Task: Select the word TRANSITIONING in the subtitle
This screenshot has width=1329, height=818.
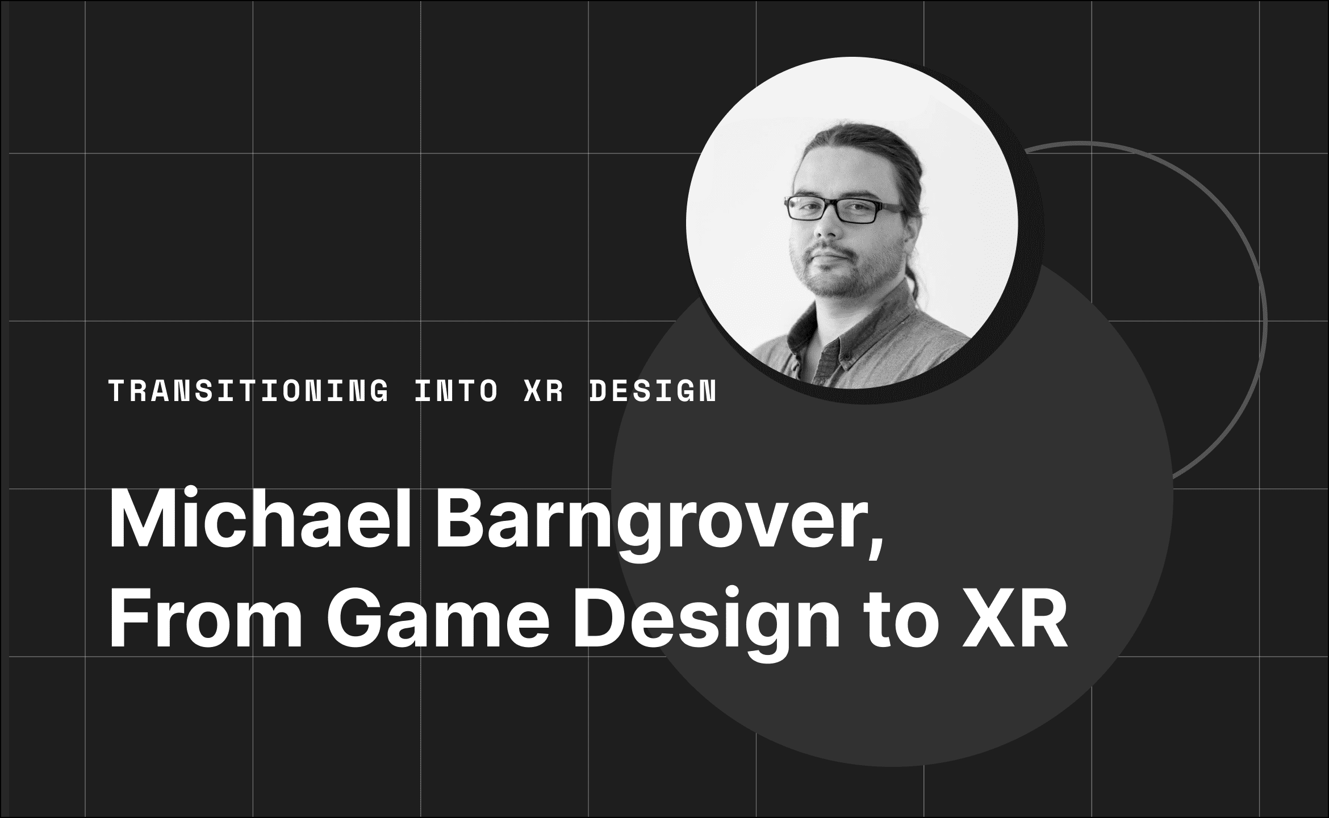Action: tap(249, 392)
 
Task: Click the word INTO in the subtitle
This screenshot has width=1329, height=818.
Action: tap(457, 392)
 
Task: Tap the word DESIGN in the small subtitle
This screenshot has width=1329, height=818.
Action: tap(653, 392)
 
